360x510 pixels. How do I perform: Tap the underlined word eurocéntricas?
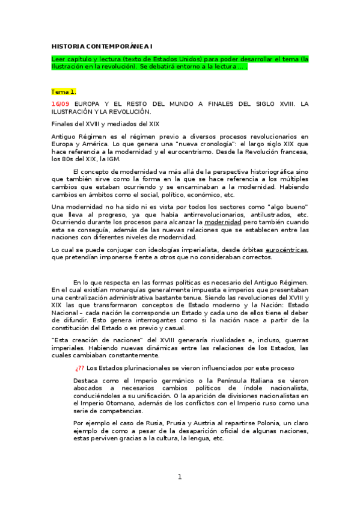click(x=286, y=249)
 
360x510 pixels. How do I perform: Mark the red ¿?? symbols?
click(x=80, y=367)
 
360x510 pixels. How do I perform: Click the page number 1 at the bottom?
click(x=179, y=478)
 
